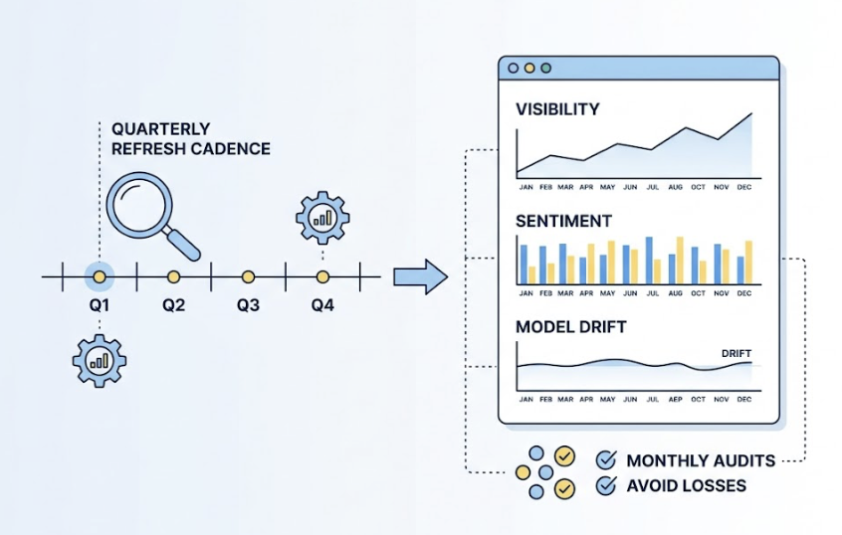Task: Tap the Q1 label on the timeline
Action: tap(99, 305)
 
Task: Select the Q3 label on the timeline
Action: tap(248, 305)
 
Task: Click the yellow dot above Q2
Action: tap(173, 275)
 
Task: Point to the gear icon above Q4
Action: tap(321, 218)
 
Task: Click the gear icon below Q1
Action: tap(99, 359)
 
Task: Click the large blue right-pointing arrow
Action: tap(422, 275)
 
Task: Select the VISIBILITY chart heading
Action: tap(557, 109)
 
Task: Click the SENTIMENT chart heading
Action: tap(563, 221)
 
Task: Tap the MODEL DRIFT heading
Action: tap(571, 326)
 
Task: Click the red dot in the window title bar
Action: tap(513, 69)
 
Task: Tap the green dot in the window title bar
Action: tap(545, 69)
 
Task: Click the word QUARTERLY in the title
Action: tap(160, 129)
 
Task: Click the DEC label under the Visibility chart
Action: tap(743, 186)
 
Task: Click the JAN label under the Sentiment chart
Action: tap(525, 293)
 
